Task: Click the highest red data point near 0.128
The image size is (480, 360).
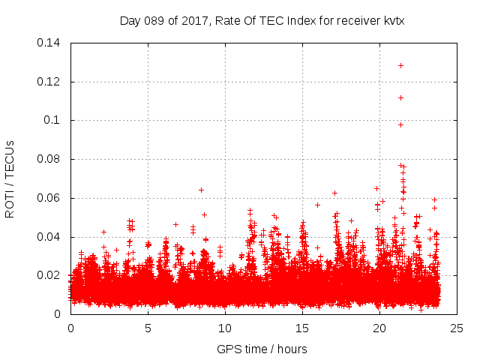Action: pos(400,65)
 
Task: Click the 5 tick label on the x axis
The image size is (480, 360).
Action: pos(148,328)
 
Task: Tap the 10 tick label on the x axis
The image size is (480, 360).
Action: pos(225,328)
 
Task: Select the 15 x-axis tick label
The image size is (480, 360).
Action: pos(302,328)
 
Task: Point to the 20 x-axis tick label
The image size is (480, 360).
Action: pos(379,328)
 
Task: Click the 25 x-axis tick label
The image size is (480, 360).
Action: pos(457,328)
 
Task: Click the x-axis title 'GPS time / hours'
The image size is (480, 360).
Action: pos(262,349)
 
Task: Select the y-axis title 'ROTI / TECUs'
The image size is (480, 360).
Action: pos(10,178)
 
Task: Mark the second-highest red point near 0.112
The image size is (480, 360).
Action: pos(400,97)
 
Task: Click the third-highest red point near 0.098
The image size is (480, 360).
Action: pos(400,124)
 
